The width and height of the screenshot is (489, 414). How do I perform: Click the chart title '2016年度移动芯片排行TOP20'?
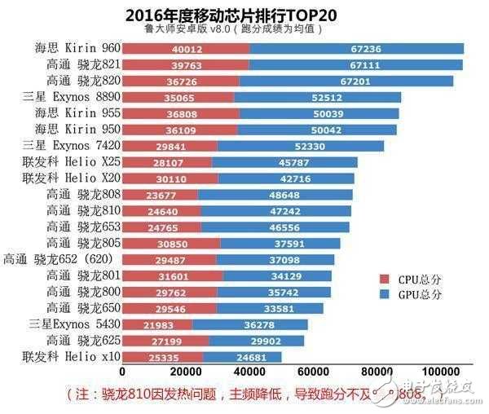coord(244,15)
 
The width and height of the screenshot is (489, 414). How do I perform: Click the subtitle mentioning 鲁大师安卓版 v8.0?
coord(244,29)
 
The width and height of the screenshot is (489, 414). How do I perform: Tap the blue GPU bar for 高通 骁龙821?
coord(356,65)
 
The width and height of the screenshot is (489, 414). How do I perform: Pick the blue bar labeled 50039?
coord(318,113)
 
